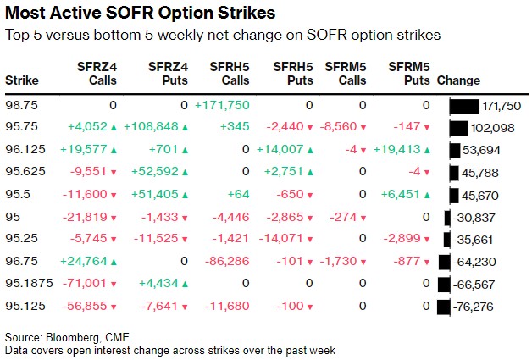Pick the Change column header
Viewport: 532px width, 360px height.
458,80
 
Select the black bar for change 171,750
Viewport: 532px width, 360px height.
464,105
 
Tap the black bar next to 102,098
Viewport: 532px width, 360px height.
458,127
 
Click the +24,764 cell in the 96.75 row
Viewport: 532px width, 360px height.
83,261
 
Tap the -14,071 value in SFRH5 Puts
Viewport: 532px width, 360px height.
288,238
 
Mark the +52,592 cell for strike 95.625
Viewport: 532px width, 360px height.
155,172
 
